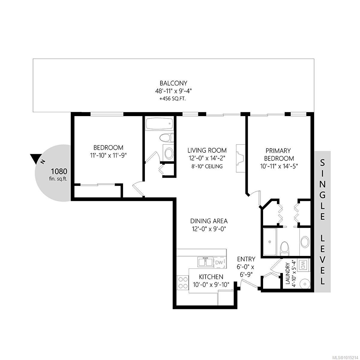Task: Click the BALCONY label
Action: [x=173, y=83]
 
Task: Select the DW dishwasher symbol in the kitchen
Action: [x=219, y=262]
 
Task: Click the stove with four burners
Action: [x=182, y=282]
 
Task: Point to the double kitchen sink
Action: [x=205, y=262]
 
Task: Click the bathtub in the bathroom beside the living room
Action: [x=159, y=124]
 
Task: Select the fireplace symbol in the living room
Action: [x=240, y=158]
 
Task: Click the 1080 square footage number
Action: [x=59, y=171]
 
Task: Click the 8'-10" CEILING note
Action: [x=207, y=166]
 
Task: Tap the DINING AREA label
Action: [x=209, y=221]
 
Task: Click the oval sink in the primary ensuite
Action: [x=305, y=242]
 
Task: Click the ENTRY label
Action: [x=246, y=259]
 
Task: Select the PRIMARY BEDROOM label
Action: [x=278, y=154]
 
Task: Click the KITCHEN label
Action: [x=211, y=277]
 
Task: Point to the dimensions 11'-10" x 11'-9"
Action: [x=108, y=155]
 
